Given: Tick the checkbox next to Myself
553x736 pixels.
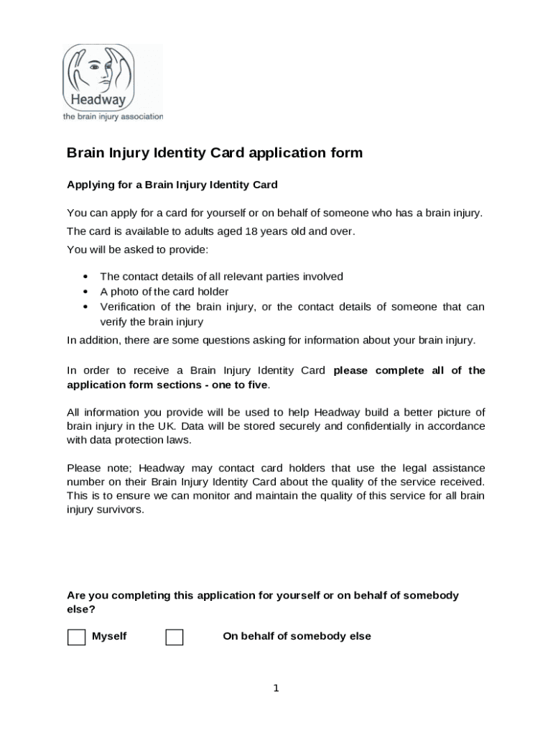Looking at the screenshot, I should [x=76, y=638].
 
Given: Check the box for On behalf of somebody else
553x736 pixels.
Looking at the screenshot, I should [x=174, y=638].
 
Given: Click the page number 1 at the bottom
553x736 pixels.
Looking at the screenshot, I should [x=276, y=689].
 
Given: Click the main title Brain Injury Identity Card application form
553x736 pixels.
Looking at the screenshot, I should [x=215, y=153].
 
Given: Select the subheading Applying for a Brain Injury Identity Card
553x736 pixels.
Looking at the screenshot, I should [x=172, y=185].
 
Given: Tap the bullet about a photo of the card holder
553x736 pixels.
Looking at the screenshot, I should [x=164, y=292].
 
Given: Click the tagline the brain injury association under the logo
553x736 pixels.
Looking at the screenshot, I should [x=113, y=116].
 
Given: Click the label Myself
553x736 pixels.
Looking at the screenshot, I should [x=109, y=637].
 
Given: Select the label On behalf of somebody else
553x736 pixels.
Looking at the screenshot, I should [x=297, y=637].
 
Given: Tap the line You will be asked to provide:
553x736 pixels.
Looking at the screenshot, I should [x=137, y=250].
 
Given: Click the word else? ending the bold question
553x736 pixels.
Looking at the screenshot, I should [x=81, y=609].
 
